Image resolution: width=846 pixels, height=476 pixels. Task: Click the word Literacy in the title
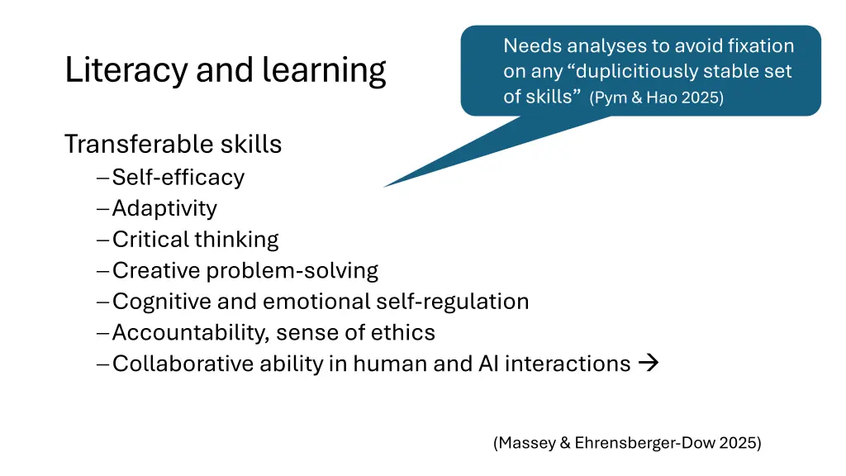click(126, 71)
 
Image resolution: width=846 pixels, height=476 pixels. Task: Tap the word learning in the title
click(324, 71)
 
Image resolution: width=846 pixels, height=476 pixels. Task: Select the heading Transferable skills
click(173, 145)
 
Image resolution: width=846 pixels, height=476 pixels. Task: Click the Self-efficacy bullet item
click(178, 177)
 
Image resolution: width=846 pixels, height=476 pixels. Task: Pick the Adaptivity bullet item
click(164, 208)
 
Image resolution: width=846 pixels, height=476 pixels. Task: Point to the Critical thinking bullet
click(195, 240)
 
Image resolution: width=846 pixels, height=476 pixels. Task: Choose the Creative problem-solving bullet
click(245, 270)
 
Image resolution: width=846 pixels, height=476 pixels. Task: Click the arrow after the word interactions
click(649, 363)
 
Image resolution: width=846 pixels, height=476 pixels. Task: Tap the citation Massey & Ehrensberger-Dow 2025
click(627, 443)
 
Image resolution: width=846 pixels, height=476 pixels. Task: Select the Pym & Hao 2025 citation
click(657, 98)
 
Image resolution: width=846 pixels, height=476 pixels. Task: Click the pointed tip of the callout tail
click(385, 186)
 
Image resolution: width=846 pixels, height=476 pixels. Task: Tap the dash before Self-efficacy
click(102, 178)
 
